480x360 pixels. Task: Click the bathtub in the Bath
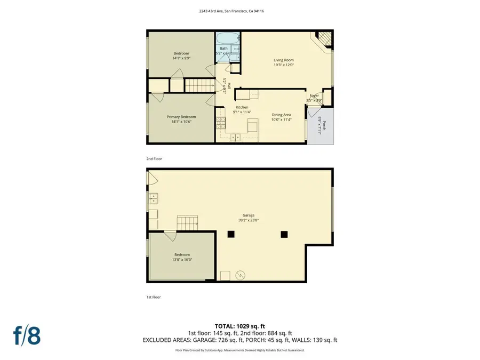223,39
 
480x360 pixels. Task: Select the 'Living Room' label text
284,60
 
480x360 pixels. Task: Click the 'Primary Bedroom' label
181,117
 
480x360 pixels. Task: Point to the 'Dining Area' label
281,115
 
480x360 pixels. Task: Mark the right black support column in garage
284,234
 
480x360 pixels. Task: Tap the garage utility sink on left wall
153,199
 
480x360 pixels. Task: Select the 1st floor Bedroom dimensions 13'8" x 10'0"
181,260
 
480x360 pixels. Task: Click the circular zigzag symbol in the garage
240,275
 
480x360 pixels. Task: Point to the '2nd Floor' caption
154,158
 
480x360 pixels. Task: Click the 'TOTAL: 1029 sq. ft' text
239,325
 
